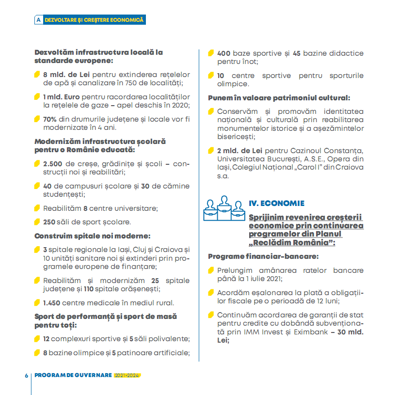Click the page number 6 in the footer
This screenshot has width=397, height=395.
coord(27,376)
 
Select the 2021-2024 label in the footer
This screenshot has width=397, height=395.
coord(127,376)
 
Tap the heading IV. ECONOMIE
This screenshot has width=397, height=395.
coord(276,204)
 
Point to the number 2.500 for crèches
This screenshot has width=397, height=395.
coord(52,164)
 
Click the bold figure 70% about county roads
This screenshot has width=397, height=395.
coord(50,119)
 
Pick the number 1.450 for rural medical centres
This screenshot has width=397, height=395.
coord(52,303)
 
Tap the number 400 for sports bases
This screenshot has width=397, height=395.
coord(223,53)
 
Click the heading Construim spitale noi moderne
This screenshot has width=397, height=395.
coord(92,236)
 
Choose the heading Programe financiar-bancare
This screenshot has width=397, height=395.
coord(264,256)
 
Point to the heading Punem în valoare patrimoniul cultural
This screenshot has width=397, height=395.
coord(279,98)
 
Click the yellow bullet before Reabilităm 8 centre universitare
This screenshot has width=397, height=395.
coord(37,208)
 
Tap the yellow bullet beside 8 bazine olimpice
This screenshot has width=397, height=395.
coord(37,352)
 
